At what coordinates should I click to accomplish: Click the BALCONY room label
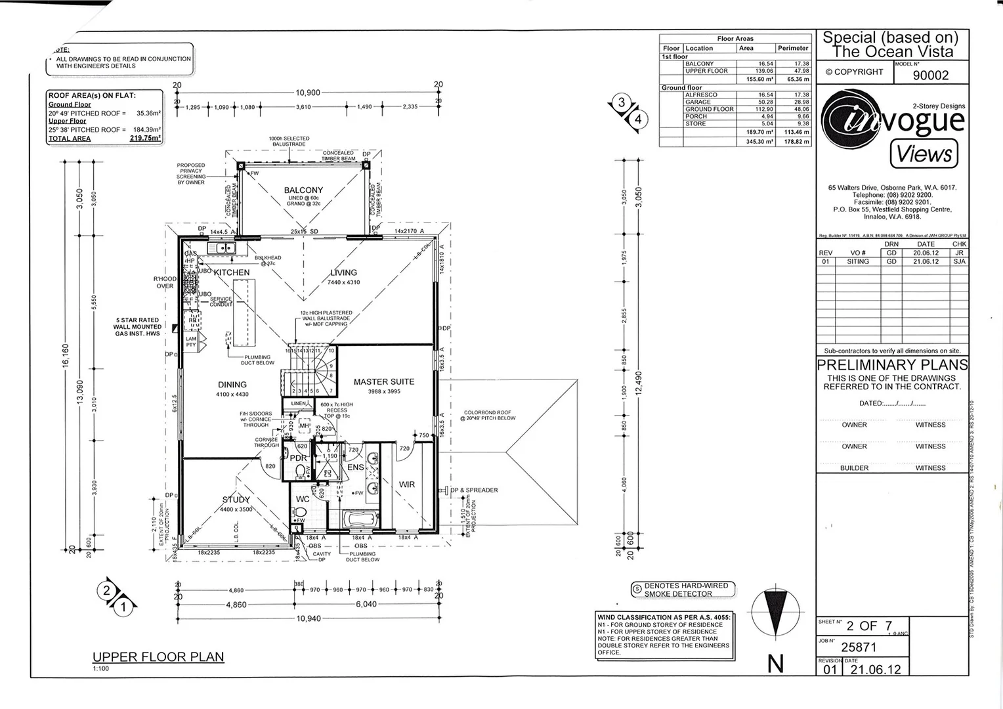[x=303, y=190]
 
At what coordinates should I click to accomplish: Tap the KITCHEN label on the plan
[x=231, y=272]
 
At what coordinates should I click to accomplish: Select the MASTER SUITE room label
[x=384, y=381]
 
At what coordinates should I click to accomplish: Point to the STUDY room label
[x=236, y=500]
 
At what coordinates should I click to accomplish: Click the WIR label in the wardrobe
[x=407, y=484]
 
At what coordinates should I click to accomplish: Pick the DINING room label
[x=232, y=385]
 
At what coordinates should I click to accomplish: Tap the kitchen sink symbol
[x=222, y=248]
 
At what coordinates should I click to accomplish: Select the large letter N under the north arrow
[x=775, y=664]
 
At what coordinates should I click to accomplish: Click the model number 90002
[x=931, y=75]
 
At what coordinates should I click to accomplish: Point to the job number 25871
[x=859, y=647]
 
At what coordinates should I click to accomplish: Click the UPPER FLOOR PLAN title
[x=158, y=656]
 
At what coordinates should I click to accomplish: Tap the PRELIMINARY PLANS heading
[x=892, y=365]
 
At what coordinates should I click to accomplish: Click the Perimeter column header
[x=793, y=48]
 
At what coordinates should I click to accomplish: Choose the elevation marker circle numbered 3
[x=622, y=103]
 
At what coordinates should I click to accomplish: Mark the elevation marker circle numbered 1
[x=123, y=607]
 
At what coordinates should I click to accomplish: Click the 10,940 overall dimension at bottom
[x=309, y=618]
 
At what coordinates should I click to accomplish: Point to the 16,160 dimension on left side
[x=66, y=354]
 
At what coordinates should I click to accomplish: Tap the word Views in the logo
[x=924, y=154]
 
